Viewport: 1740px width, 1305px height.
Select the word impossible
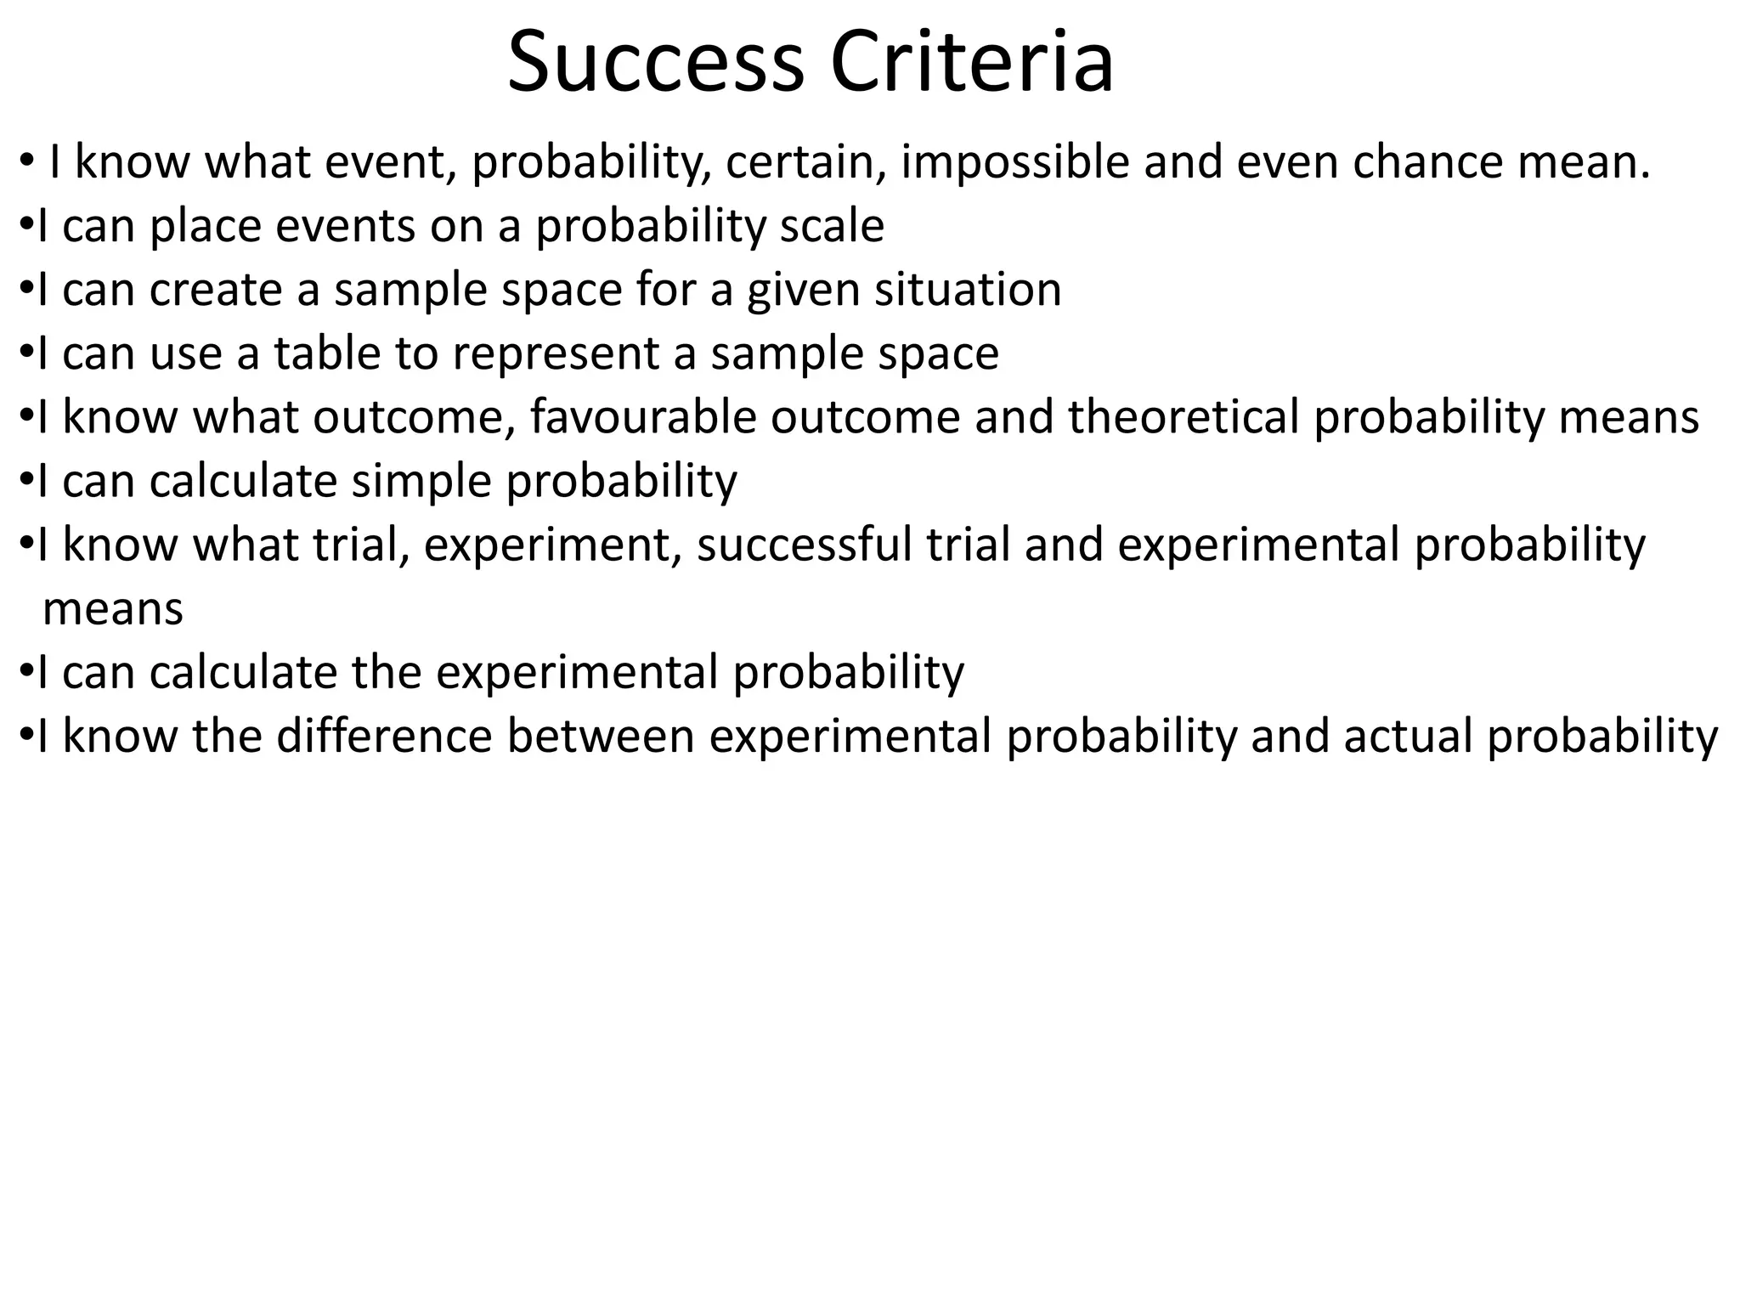1015,162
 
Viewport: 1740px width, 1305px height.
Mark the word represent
556,355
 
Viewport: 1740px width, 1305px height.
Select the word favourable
643,417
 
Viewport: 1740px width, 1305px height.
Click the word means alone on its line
113,609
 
